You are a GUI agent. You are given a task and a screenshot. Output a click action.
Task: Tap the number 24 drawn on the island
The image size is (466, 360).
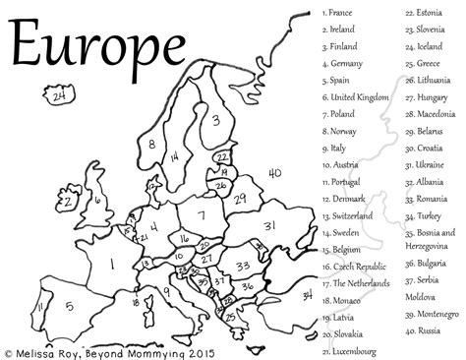[x=61, y=97]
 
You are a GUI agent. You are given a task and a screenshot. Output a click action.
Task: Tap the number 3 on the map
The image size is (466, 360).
[x=214, y=121]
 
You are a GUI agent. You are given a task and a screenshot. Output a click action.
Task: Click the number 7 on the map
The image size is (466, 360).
[x=201, y=216]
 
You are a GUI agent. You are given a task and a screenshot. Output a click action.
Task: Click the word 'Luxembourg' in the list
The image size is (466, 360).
[x=356, y=350]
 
